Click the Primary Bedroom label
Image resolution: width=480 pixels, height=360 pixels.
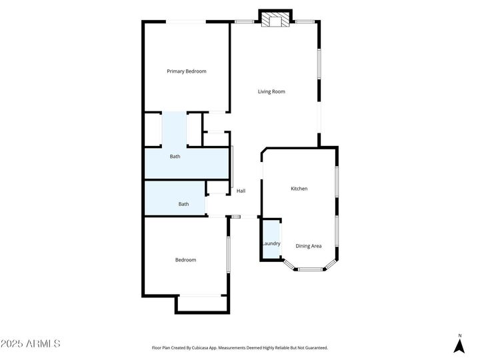tap(186, 71)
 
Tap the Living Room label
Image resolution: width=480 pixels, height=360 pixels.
tap(271, 91)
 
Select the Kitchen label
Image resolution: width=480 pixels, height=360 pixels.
tap(299, 189)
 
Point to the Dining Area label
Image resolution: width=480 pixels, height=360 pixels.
tap(308, 246)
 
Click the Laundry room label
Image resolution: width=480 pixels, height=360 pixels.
tap(271, 243)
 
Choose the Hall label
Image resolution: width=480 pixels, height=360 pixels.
tap(241, 191)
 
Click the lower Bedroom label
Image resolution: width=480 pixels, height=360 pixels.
tap(185, 260)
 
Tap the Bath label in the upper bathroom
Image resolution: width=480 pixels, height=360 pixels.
tap(175, 157)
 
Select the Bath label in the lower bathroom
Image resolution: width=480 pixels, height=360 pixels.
tap(183, 205)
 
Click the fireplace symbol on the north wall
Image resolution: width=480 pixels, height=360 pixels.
tap(275, 21)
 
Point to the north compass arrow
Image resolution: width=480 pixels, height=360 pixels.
tap(459, 346)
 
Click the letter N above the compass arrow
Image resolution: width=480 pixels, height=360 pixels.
tap(459, 335)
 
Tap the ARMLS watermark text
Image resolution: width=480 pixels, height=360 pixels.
tap(31, 344)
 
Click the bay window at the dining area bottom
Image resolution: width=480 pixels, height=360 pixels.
tap(310, 269)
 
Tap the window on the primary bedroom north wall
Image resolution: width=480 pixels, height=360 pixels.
tap(185, 22)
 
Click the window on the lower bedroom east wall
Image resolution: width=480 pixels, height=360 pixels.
tap(228, 254)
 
